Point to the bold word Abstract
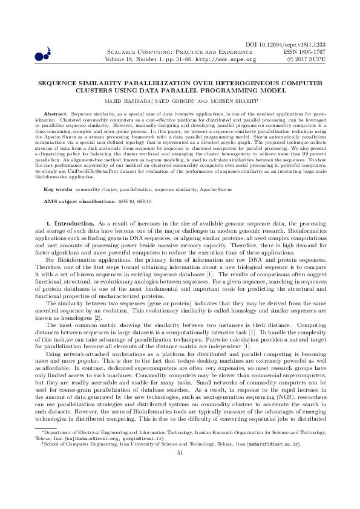[57, 114]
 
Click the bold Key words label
[60, 172]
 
